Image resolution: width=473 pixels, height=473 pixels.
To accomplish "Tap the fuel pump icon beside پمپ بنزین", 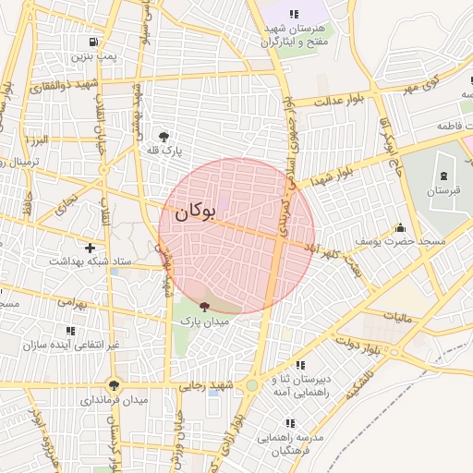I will (x=94, y=42).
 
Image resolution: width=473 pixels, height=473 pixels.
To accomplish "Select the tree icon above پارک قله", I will (x=164, y=136).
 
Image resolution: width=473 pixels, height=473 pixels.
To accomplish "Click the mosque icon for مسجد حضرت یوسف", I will (x=400, y=227).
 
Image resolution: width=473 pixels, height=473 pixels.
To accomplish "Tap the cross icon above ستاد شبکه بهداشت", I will (x=90, y=249).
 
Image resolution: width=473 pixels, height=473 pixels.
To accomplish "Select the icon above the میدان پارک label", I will (x=204, y=307).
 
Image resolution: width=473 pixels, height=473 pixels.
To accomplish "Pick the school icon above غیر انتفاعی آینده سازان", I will (x=70, y=331).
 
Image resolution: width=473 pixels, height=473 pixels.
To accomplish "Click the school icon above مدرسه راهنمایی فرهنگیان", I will (x=291, y=423).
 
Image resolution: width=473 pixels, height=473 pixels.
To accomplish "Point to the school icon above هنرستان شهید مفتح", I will (x=294, y=15).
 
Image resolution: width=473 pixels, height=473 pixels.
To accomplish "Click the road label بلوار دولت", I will (x=364, y=347).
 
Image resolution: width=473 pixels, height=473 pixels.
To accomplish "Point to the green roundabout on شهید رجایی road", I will (x=251, y=385).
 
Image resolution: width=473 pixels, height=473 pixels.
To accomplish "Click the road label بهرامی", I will (x=71, y=301).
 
